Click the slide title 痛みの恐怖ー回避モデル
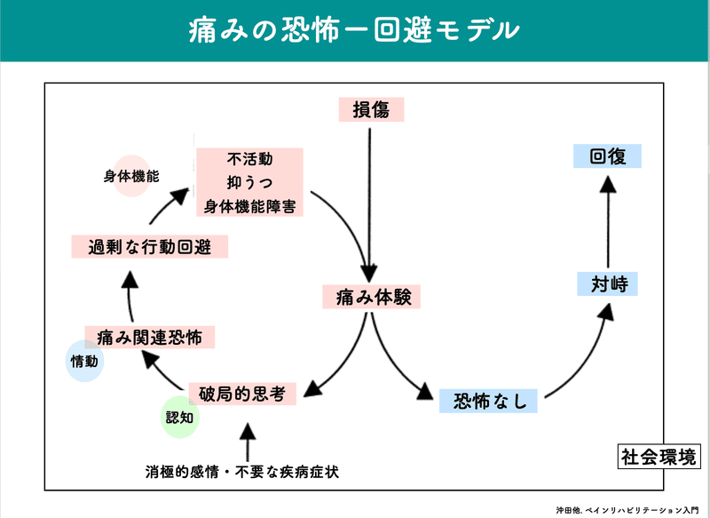[x=354, y=30]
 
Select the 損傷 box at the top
[x=371, y=109]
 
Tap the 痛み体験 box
[x=371, y=296]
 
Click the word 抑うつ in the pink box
[x=249, y=183]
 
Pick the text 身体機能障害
[x=249, y=205]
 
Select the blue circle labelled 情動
[x=85, y=361]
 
